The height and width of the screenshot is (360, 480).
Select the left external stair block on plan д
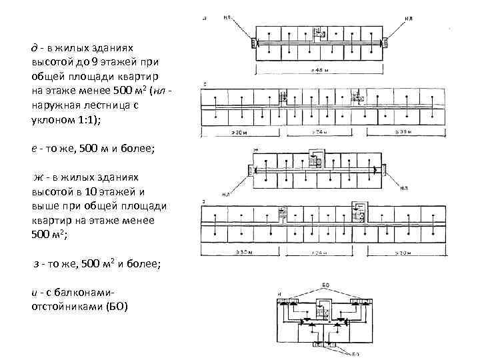pos(253,43)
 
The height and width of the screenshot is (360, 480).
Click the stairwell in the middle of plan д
pos(319,33)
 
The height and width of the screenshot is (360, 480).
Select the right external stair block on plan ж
pos(385,170)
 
